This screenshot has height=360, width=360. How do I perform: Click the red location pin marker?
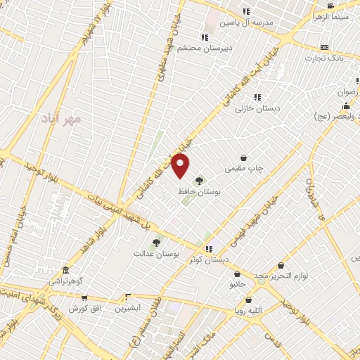click(181, 167)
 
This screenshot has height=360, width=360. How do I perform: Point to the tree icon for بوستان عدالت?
click(156, 243)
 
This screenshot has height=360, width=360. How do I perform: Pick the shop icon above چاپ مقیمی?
click(243, 158)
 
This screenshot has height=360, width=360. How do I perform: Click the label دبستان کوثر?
click(209, 259)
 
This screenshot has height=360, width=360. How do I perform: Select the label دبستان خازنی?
click(257, 108)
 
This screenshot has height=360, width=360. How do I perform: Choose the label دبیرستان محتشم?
click(205, 48)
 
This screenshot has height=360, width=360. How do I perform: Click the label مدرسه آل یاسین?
click(246, 22)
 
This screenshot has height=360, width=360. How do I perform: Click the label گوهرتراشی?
click(65, 281)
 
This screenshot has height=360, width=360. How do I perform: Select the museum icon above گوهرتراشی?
click(65, 271)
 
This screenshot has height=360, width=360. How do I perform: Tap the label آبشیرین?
click(127, 308)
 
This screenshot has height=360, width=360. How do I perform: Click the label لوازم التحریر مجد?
click(281, 276)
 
